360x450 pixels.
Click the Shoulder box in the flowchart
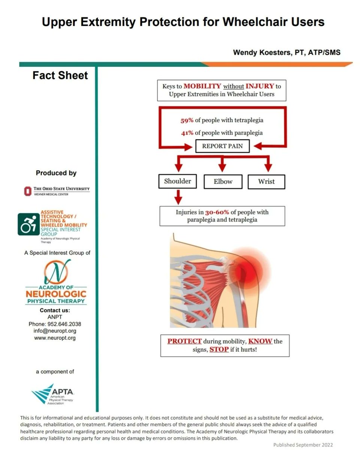tap(178, 181)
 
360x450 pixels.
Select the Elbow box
tap(223, 181)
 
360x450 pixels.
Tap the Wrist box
tap(266, 181)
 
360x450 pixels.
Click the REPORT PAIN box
tap(223, 146)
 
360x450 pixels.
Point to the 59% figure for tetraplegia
tap(187, 120)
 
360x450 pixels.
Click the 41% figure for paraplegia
tap(187, 133)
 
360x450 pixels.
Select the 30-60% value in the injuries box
tap(217, 212)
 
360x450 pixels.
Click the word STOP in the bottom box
tap(219, 350)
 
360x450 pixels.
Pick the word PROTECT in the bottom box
tap(184, 341)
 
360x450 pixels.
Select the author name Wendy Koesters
tap(261, 52)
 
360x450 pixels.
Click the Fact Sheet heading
tap(60, 75)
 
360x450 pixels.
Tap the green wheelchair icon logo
tap(28, 225)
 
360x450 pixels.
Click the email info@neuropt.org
tap(55, 331)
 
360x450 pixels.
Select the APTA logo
tap(53, 394)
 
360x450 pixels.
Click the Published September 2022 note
tap(303, 445)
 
